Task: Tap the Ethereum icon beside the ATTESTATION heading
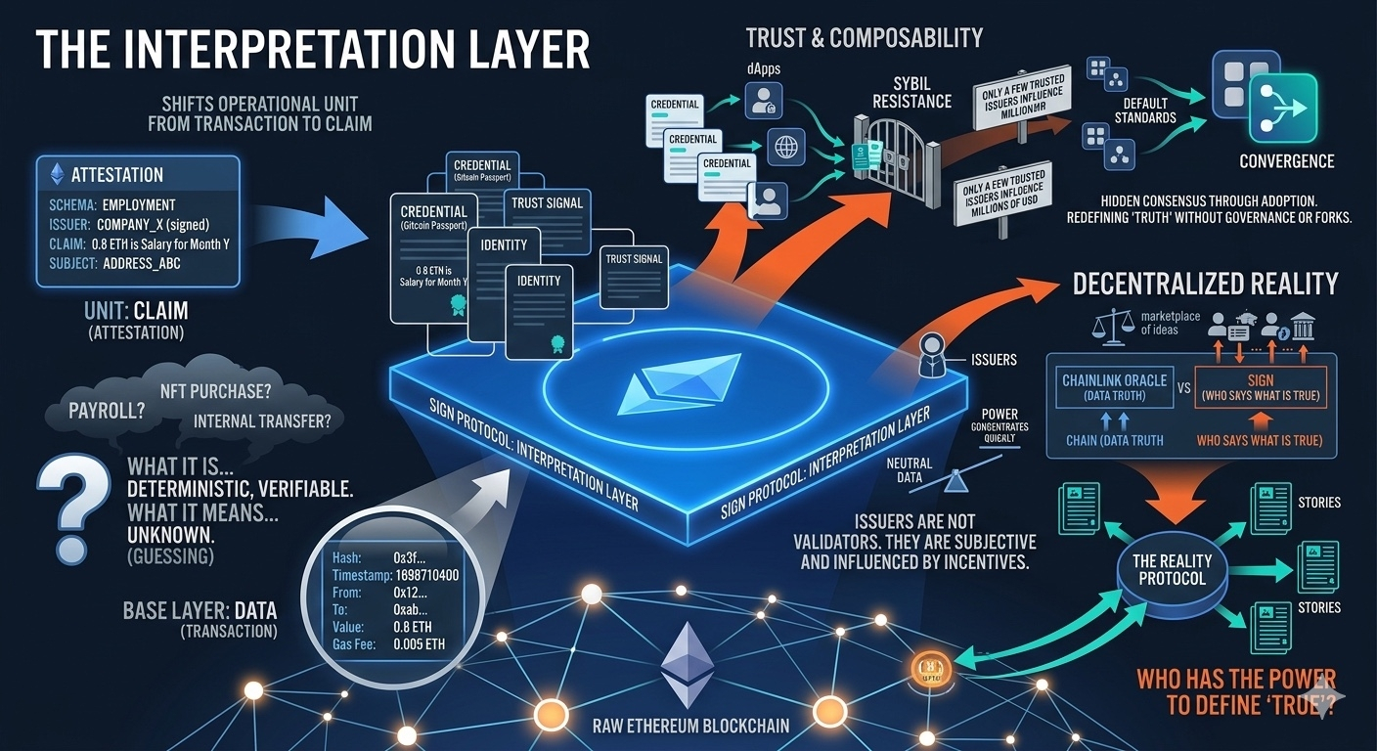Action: click(57, 174)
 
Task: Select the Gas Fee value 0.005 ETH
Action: click(419, 644)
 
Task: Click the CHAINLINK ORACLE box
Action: click(1114, 387)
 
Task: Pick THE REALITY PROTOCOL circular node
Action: click(1172, 569)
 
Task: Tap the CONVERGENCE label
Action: click(1286, 161)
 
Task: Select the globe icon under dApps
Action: click(786, 148)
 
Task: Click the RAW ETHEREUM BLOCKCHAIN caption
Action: click(690, 727)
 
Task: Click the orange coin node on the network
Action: click(925, 668)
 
